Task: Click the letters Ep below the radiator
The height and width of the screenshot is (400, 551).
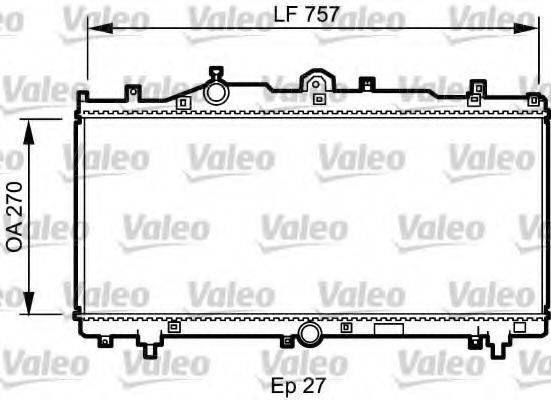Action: (x=283, y=383)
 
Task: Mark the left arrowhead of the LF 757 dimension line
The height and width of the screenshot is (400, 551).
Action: (x=93, y=30)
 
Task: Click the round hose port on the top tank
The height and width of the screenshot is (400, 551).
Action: (x=216, y=92)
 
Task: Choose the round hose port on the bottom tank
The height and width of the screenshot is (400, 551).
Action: (x=309, y=332)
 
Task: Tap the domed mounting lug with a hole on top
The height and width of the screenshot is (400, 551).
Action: (x=317, y=81)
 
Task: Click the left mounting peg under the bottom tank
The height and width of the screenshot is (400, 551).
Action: (x=148, y=348)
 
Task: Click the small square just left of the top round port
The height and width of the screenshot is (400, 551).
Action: (x=182, y=101)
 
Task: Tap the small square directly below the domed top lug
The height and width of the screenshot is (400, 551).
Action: (x=318, y=99)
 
